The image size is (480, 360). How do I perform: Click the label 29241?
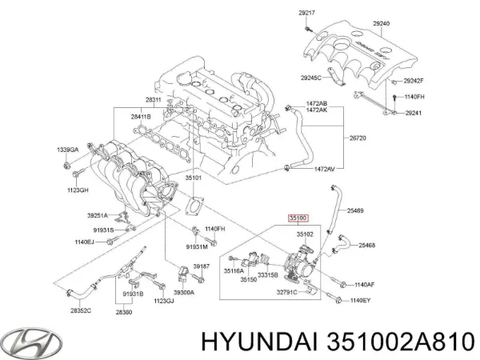(413, 113)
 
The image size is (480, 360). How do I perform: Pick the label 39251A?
(98, 215)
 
